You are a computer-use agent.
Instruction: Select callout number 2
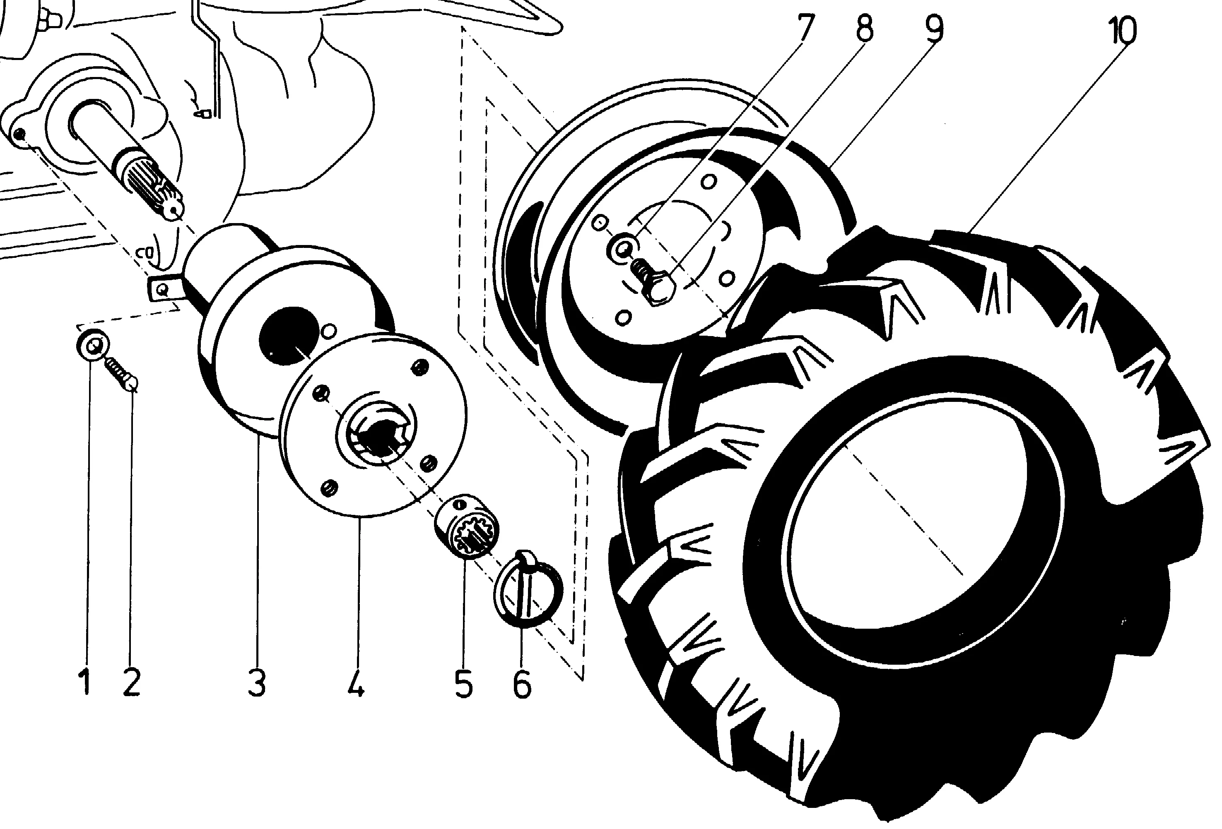coord(131,681)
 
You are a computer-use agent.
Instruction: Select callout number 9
coord(934,29)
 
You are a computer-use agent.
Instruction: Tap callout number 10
coord(1121,31)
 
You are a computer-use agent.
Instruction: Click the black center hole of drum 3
coord(287,335)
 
